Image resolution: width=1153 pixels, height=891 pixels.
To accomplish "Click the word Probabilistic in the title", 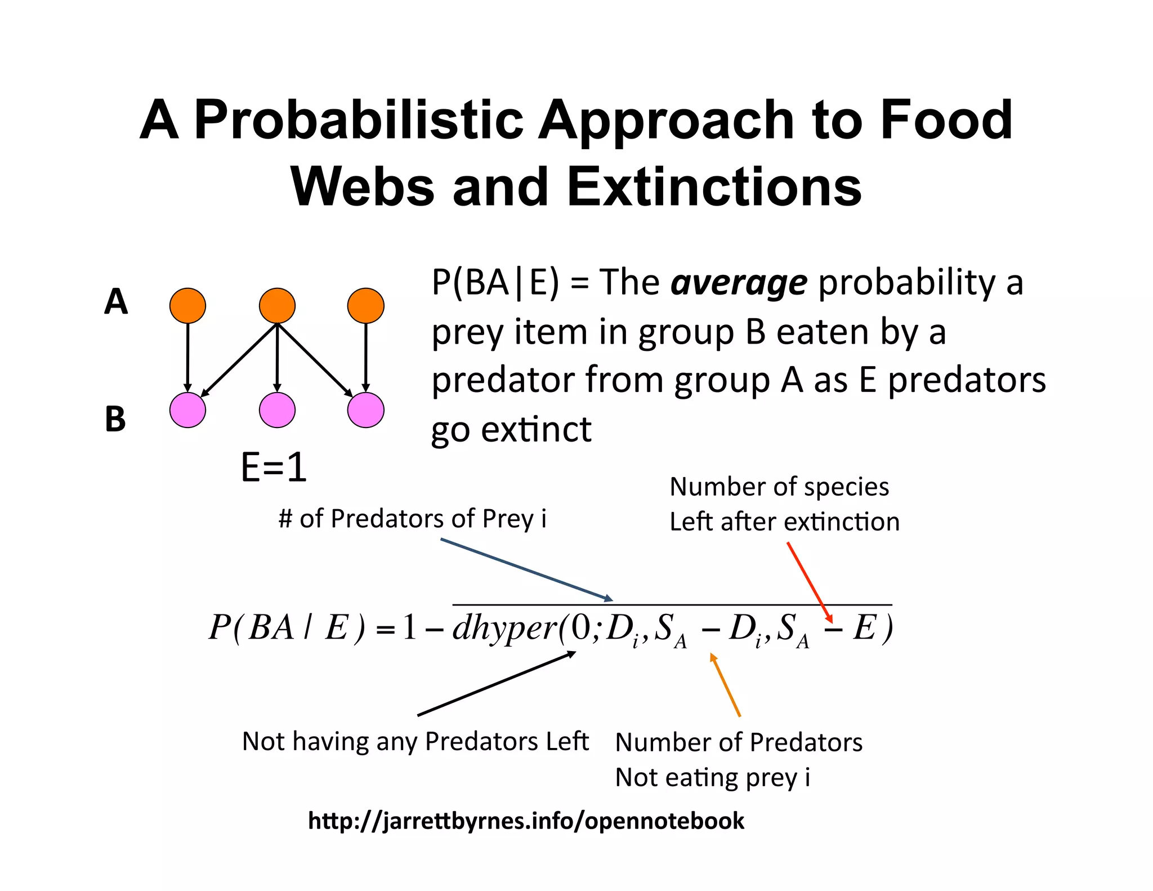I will pyautogui.click(x=359, y=120).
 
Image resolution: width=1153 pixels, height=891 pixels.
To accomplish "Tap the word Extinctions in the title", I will pyautogui.click(x=714, y=187).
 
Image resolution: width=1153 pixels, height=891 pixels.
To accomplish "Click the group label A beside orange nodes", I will pyautogui.click(x=116, y=301).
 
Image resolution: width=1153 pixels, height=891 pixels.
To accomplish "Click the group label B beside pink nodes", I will pyautogui.click(x=115, y=419).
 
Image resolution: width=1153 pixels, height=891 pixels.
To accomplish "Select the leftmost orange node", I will pyautogui.click(x=187, y=306).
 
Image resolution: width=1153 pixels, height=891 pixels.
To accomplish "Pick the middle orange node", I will pyautogui.click(x=277, y=306).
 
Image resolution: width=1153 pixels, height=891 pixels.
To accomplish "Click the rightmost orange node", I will pyautogui.click(x=366, y=306).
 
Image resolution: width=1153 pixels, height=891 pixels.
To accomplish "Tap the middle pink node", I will pyautogui.click(x=277, y=410).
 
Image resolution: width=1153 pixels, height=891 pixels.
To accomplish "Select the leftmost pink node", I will pyautogui.click(x=187, y=410).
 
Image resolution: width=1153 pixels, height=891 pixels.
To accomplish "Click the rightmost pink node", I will pyautogui.click(x=366, y=410).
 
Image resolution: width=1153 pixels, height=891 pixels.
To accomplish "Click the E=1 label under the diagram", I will pyautogui.click(x=274, y=467).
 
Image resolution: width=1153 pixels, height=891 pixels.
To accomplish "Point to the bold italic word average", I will pyautogui.click(x=739, y=283).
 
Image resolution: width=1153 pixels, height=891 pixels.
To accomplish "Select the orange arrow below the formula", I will pyautogui.click(x=726, y=685).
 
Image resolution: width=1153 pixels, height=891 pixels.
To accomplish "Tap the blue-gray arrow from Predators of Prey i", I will pyautogui.click(x=526, y=569).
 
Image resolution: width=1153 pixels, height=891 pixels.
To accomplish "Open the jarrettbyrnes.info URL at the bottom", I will pyautogui.click(x=526, y=821).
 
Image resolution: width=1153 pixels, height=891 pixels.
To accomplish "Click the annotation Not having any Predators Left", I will pyautogui.click(x=415, y=741).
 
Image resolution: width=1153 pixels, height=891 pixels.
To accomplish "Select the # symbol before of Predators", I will pyautogui.click(x=285, y=519).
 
